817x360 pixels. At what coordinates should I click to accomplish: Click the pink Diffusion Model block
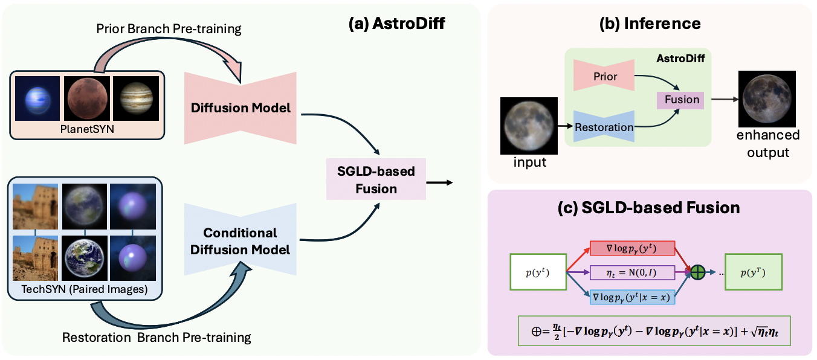point(241,108)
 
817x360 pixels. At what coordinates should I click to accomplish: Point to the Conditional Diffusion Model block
point(241,241)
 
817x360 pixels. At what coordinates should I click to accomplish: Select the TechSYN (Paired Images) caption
point(84,289)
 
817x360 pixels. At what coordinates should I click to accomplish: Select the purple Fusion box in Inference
point(682,100)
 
